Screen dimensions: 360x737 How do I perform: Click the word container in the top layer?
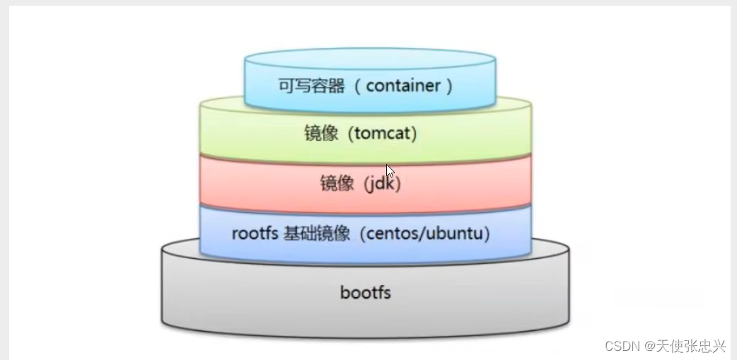[x=403, y=86]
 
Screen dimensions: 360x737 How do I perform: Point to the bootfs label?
[x=365, y=292]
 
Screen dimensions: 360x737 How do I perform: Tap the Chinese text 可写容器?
[x=311, y=86]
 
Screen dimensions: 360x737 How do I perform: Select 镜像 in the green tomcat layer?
[x=320, y=133]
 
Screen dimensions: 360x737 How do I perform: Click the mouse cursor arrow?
[x=390, y=170]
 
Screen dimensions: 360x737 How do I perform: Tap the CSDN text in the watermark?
[x=622, y=346]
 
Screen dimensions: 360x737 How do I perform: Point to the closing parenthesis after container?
[x=448, y=86]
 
